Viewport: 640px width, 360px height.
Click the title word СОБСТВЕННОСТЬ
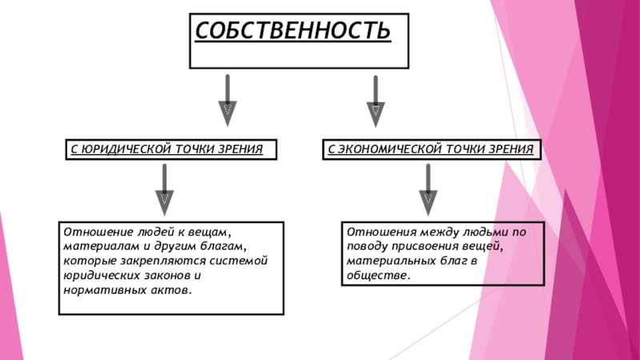pos(294,32)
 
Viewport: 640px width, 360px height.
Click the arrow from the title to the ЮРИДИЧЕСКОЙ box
pos(229,99)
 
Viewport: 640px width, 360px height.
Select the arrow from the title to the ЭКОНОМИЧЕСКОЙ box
pos(375,99)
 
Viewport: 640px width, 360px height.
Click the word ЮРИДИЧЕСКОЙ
pos(122,149)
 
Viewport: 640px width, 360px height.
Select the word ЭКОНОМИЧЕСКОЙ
pos(388,149)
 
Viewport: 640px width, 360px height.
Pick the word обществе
pos(377,275)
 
